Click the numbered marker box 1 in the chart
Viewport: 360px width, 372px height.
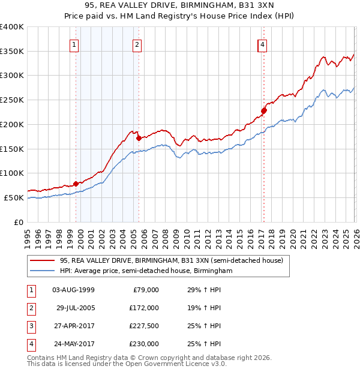(x=74, y=44)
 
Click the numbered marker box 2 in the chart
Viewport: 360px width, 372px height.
(x=137, y=44)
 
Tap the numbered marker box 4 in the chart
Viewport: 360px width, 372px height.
(x=263, y=44)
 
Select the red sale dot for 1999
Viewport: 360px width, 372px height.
(x=76, y=184)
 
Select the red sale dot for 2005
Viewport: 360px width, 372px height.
(x=139, y=138)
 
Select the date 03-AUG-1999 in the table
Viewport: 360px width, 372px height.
(x=73, y=290)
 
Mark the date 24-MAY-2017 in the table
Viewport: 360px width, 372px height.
(x=73, y=344)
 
